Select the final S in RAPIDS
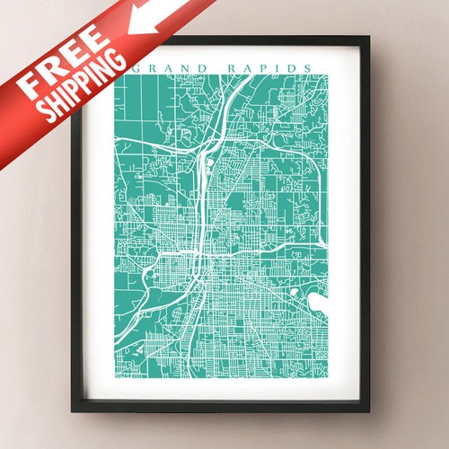click(310, 67)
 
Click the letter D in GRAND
click(201, 67)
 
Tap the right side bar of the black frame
click(365, 224)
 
